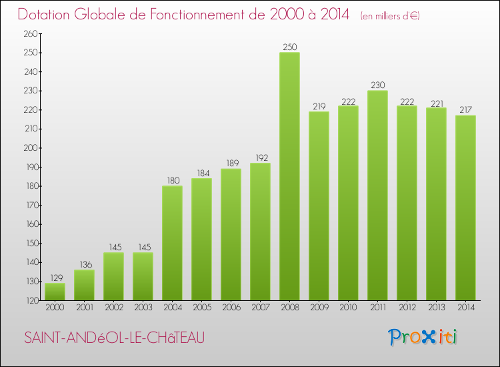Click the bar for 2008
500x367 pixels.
[289, 176]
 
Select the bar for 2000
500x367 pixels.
[55, 292]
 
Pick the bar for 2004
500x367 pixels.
[172, 243]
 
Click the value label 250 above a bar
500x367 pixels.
[289, 47]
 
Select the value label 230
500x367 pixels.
[377, 85]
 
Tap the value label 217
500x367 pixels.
[465, 110]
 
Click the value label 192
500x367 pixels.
[260, 158]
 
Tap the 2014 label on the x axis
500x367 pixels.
[465, 308]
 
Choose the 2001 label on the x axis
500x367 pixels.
[84, 308]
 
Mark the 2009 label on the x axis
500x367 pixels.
[319, 308]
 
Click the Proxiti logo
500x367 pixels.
[423, 337]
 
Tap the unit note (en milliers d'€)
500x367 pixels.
[390, 15]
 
